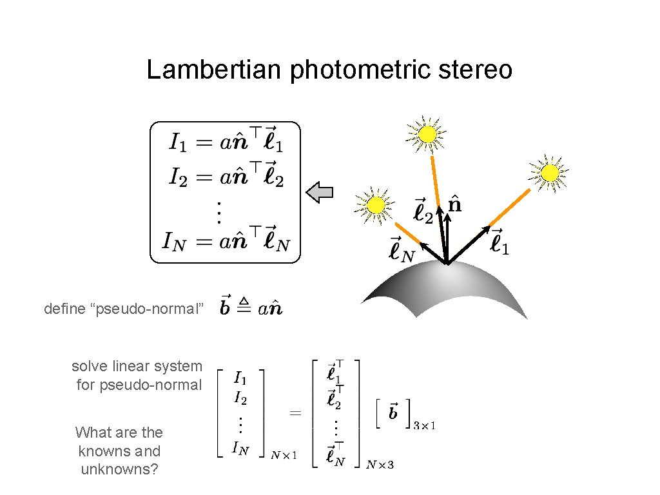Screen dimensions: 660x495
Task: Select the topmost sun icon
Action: point(426,134)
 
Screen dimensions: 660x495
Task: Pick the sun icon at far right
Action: point(549,173)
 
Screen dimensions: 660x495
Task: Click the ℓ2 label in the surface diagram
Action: point(423,211)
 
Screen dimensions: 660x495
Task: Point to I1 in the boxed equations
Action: point(179,141)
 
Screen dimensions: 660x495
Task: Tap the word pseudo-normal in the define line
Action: point(150,309)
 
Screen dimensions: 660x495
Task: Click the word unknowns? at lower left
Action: point(119,469)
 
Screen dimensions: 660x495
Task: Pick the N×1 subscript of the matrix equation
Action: point(284,456)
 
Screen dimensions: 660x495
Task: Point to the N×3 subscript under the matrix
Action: point(380,464)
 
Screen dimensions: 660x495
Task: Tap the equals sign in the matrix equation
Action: point(295,413)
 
